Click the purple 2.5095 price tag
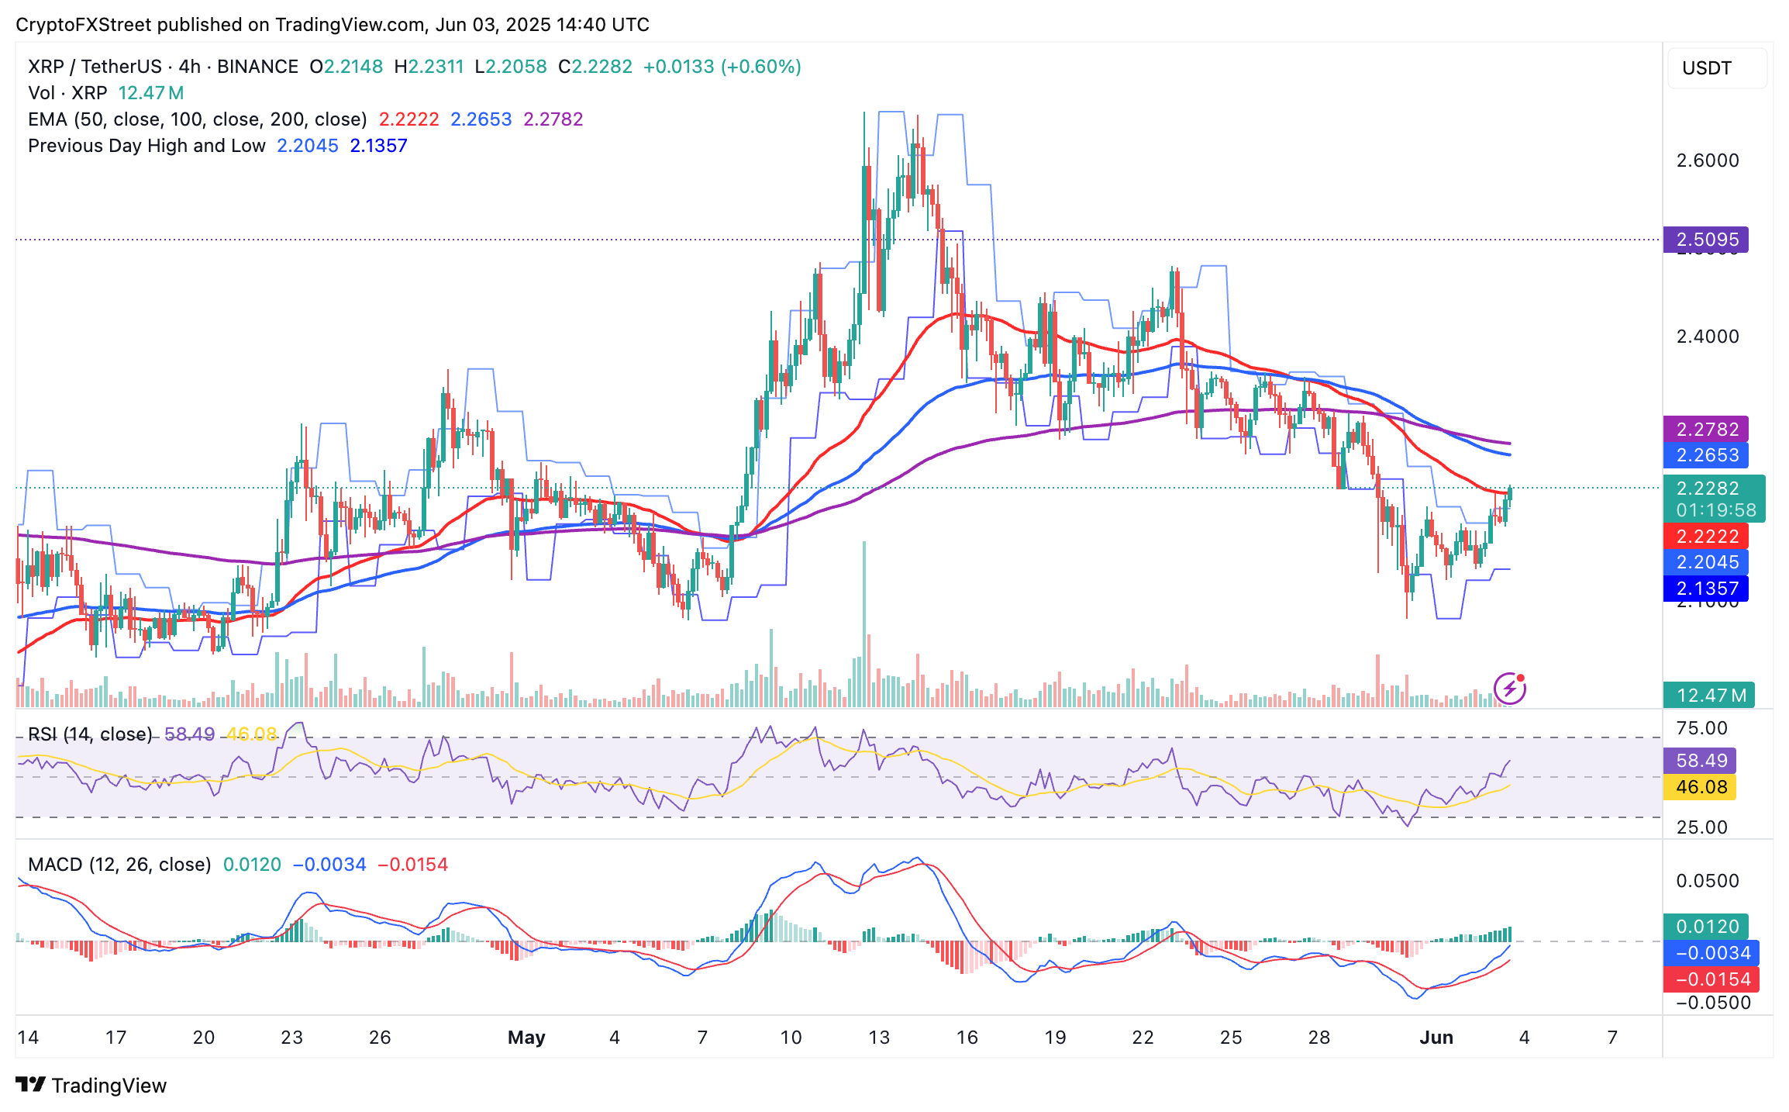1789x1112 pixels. pyautogui.click(x=1705, y=240)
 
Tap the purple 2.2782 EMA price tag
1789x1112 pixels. pyautogui.click(x=1705, y=429)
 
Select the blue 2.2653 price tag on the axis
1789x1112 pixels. pyautogui.click(x=1705, y=455)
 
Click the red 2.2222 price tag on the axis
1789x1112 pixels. pyautogui.click(x=1705, y=536)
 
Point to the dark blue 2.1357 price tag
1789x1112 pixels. pyautogui.click(x=1705, y=589)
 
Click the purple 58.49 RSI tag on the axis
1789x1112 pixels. pyautogui.click(x=1700, y=761)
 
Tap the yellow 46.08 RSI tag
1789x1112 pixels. pyautogui.click(x=1700, y=787)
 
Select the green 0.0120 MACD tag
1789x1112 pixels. pyautogui.click(x=1706, y=927)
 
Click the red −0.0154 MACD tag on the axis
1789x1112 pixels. pyautogui.click(x=1711, y=979)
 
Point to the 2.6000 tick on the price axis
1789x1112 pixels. pyautogui.click(x=1708, y=161)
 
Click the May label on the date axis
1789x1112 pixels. pyautogui.click(x=526, y=1038)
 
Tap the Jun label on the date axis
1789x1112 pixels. pyautogui.click(x=1436, y=1038)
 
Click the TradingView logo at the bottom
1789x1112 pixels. pyautogui.click(x=91, y=1085)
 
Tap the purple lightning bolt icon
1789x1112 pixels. pyautogui.click(x=1509, y=689)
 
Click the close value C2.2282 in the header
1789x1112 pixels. pyautogui.click(x=595, y=67)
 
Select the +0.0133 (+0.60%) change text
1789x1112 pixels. pyautogui.click(x=722, y=67)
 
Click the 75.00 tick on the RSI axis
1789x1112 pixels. pyautogui.click(x=1701, y=728)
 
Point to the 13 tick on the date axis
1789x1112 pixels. pyautogui.click(x=879, y=1038)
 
